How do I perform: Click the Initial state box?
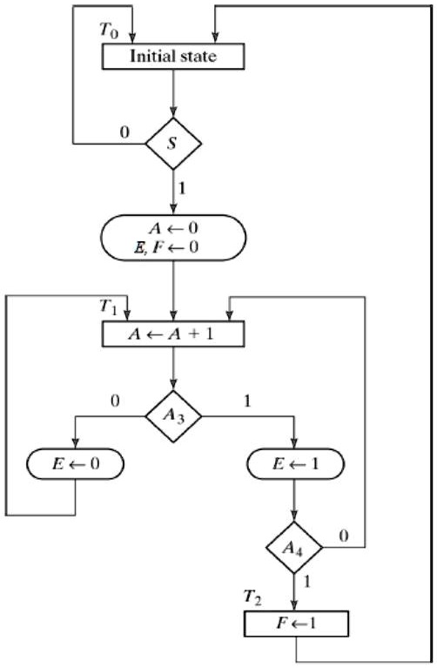(173, 57)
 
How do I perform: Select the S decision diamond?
(173, 140)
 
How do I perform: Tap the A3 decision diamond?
(173, 415)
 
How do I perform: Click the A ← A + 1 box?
(173, 333)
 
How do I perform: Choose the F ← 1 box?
(296, 624)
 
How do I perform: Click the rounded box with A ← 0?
(173, 237)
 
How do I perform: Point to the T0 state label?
(111, 30)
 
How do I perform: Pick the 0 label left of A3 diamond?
(114, 401)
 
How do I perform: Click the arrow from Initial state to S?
(173, 92)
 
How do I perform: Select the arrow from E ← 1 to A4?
(296, 503)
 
